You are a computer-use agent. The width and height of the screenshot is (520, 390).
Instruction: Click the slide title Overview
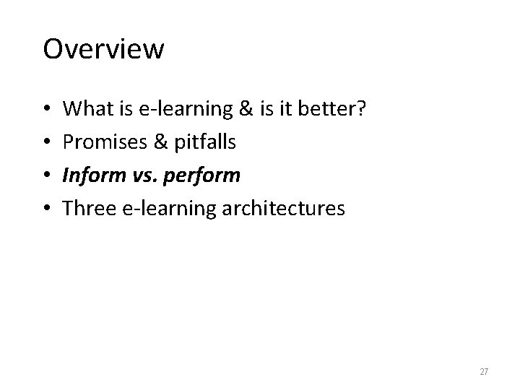[x=103, y=50]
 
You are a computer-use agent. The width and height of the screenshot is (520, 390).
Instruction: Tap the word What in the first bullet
[x=82, y=109]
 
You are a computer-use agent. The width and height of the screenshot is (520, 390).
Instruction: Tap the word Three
[x=84, y=209]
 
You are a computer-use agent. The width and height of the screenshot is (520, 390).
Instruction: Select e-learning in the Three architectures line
[x=160, y=209]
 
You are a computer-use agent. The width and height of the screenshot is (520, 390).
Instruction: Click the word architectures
[x=282, y=209]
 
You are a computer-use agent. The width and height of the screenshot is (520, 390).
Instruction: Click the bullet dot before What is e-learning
[x=47, y=110]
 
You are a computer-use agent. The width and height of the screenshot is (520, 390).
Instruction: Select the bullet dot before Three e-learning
[x=47, y=209]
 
